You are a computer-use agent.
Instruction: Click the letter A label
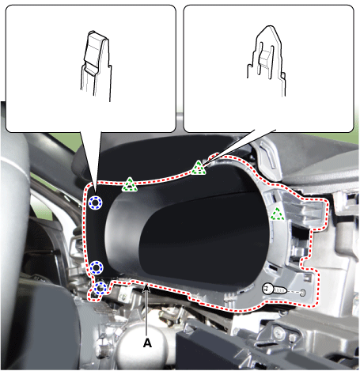pyautogui.click(x=147, y=343)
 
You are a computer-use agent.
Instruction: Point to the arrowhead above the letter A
pyautogui.click(x=146, y=289)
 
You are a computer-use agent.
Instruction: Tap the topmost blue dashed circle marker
pyautogui.click(x=95, y=203)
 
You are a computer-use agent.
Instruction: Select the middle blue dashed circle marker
pyautogui.click(x=97, y=267)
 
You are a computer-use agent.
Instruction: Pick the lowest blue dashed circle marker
pyautogui.click(x=100, y=288)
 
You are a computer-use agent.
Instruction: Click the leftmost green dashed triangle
pyautogui.click(x=130, y=184)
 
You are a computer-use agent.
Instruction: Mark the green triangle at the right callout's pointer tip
pyautogui.click(x=199, y=168)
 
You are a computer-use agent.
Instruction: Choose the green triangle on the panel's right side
pyautogui.click(x=277, y=214)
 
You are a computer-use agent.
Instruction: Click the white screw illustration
pyautogui.click(x=274, y=290)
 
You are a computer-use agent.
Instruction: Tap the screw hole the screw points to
pyautogui.click(x=302, y=293)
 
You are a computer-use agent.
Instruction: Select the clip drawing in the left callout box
pyautogui.click(x=97, y=66)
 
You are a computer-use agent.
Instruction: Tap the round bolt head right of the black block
pyautogui.click(x=279, y=330)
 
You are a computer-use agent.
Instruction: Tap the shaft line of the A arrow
pyautogui.click(x=146, y=315)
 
